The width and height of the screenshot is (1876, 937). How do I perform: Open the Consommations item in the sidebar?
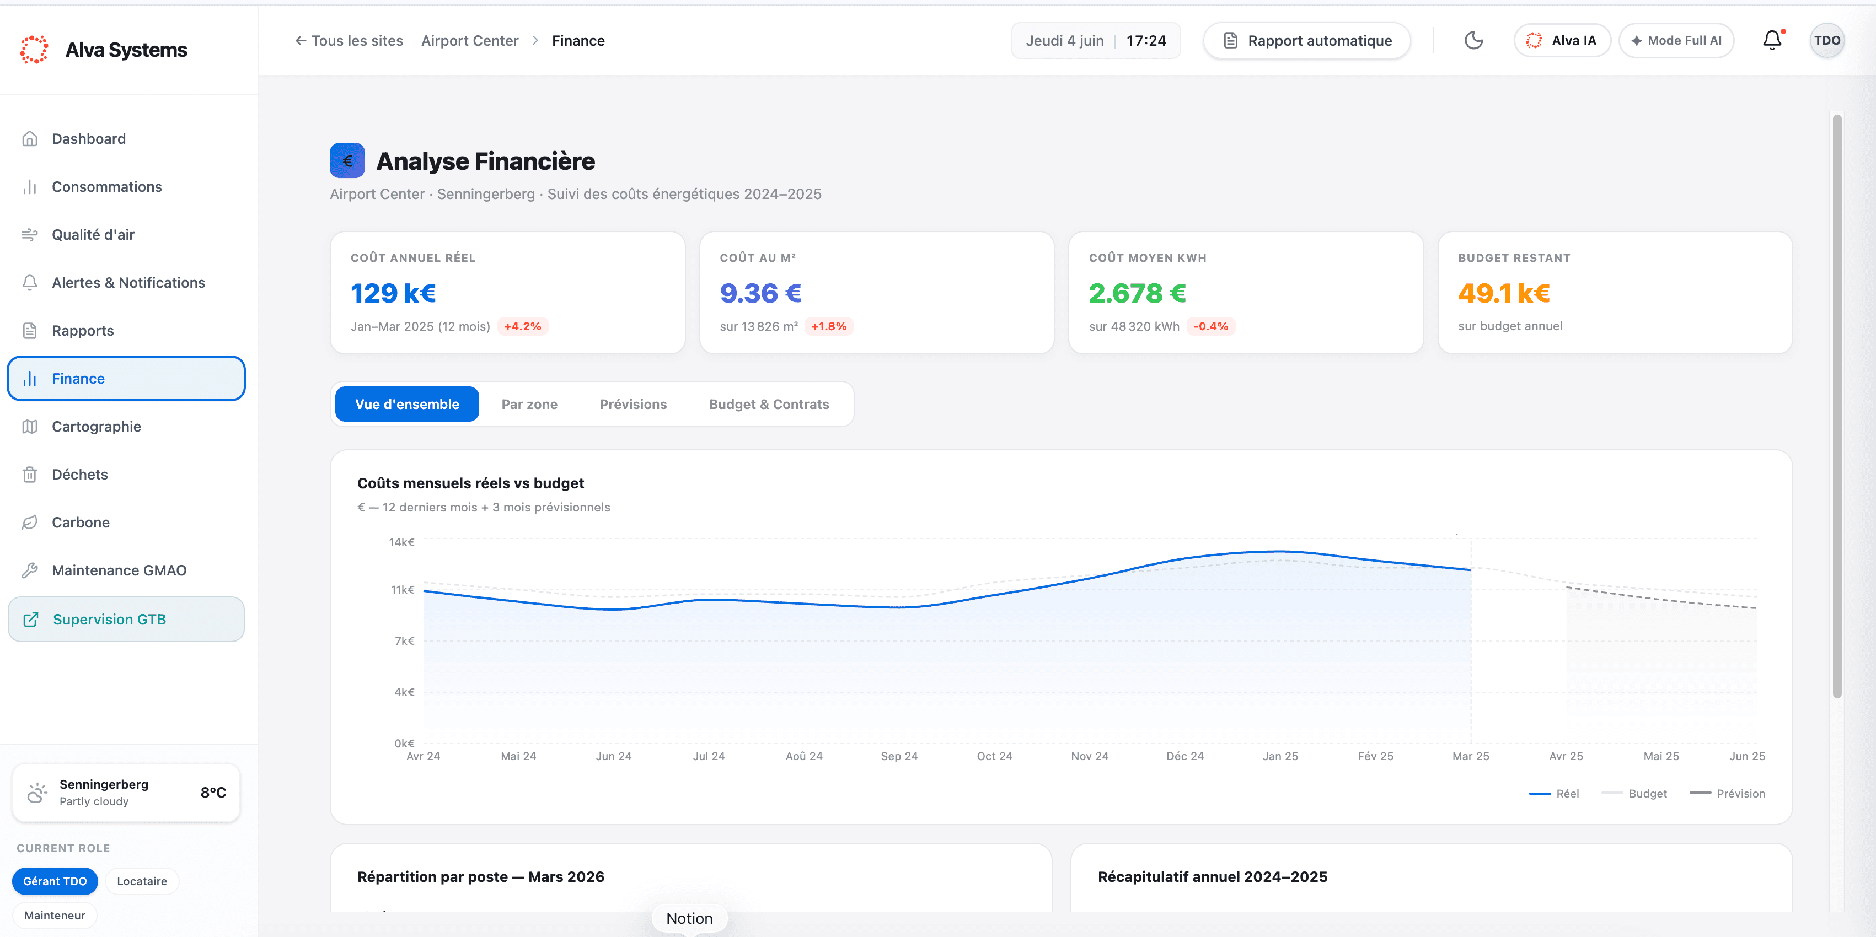[106, 186]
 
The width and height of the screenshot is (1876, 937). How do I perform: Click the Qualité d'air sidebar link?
[93, 234]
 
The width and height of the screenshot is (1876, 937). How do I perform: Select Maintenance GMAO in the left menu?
[119, 570]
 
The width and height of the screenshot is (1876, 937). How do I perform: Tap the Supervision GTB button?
[126, 619]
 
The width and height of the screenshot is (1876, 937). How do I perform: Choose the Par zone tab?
[529, 404]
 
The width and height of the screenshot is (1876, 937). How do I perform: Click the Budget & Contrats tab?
[769, 404]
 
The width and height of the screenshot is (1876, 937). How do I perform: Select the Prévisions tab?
[633, 404]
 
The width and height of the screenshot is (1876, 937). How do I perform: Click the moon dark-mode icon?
[1473, 40]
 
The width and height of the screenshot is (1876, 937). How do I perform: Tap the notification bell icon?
[1772, 40]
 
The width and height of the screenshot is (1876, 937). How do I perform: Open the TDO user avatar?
[1826, 40]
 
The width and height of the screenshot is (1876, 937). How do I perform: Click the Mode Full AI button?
[1676, 40]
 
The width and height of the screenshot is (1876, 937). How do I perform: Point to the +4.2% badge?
[522, 326]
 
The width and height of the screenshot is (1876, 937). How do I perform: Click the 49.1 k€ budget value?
[1504, 293]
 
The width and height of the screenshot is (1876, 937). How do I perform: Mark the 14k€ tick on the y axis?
[401, 542]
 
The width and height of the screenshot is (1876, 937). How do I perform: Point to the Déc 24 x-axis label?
[1185, 756]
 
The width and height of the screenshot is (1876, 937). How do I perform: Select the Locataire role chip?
[142, 881]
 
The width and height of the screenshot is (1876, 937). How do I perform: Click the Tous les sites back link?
[349, 41]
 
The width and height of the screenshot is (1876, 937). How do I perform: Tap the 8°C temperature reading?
[213, 792]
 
